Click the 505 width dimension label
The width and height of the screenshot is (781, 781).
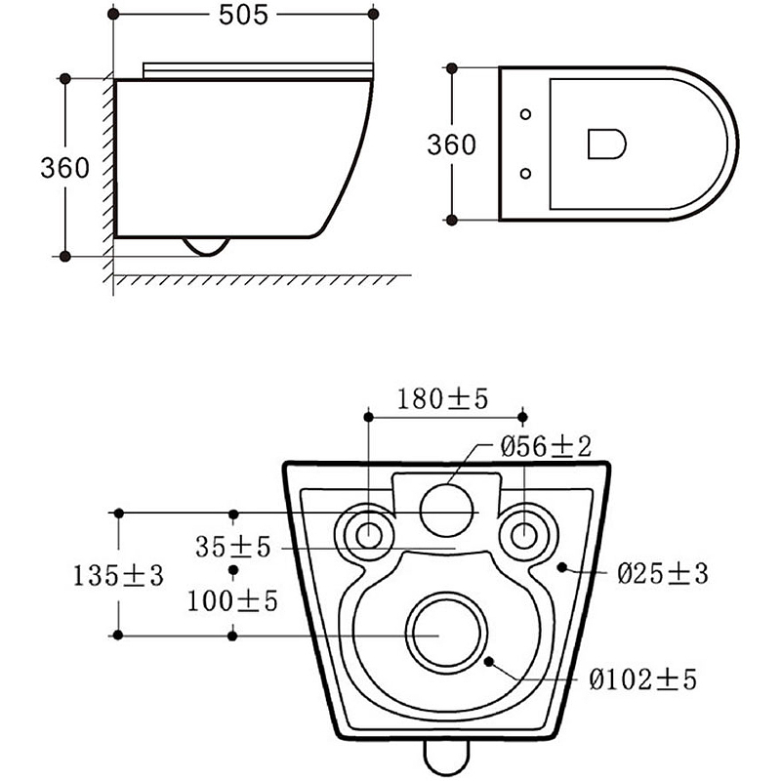click(x=243, y=15)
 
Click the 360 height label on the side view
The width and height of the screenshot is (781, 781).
click(x=64, y=168)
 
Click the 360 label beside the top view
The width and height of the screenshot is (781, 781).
click(x=451, y=144)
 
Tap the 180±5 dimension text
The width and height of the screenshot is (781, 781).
click(x=443, y=399)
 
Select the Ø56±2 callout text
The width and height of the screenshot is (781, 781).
click(x=546, y=446)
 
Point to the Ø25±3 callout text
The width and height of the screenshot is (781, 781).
click(x=663, y=573)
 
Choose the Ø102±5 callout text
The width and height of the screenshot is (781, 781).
click(x=642, y=678)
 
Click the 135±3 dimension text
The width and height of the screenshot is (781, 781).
click(x=118, y=576)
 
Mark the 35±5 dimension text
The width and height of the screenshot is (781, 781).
click(x=232, y=547)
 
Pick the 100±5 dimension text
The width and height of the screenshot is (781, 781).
click(x=232, y=601)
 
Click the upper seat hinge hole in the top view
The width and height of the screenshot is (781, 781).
click(x=525, y=114)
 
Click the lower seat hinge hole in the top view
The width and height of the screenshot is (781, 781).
click(x=525, y=174)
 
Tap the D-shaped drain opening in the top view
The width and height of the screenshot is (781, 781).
click(x=606, y=144)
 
